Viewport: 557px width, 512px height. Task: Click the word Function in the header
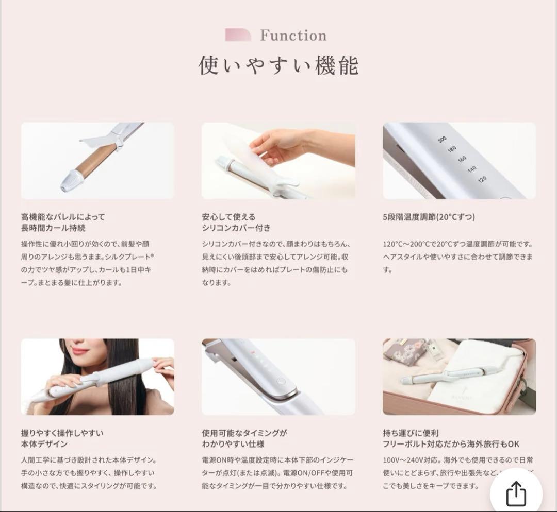[293, 36]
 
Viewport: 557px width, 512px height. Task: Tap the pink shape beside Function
[238, 35]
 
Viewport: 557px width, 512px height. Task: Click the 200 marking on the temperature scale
[441, 139]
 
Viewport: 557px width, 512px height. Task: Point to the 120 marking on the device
[482, 179]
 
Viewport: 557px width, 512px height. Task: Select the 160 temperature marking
[462, 159]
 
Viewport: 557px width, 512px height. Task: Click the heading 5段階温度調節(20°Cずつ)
[429, 217]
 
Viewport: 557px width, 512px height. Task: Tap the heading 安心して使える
[228, 217]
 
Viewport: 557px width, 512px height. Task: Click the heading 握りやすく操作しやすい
[62, 433]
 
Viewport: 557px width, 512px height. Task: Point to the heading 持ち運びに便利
[411, 433]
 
